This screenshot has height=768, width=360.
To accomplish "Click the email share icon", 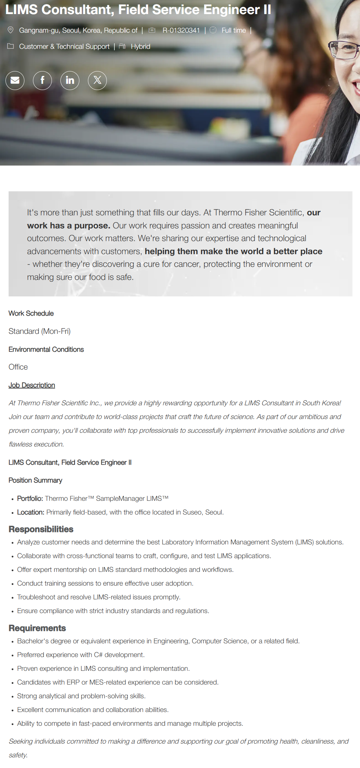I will click(15, 80).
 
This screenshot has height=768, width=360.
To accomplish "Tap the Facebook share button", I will click(42, 80).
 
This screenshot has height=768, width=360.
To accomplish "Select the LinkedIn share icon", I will click(70, 80).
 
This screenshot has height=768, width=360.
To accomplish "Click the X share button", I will click(97, 80).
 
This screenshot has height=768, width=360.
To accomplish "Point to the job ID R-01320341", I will click(181, 30).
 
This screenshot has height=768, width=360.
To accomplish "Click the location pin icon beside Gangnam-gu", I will click(11, 30).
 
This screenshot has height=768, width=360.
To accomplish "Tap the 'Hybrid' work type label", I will click(140, 46).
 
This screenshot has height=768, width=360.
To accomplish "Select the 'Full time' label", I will click(234, 30).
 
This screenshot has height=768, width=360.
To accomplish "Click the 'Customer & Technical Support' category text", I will click(64, 46).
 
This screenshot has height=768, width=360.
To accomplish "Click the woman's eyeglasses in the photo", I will click(344, 50).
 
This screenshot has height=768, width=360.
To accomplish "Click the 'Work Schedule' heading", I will click(31, 313).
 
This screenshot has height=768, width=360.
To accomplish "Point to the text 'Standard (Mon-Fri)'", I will click(40, 331).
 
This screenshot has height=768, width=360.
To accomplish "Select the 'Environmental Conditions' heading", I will click(46, 349).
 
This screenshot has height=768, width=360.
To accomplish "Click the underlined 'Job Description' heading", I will click(32, 385).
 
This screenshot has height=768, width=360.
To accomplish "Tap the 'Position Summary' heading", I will click(35, 480).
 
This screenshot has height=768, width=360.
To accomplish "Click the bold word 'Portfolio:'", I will click(30, 498).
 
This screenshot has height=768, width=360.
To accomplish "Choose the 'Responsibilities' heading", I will click(41, 529).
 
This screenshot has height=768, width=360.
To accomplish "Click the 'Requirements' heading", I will click(37, 628).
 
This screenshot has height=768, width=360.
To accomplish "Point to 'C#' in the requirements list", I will click(98, 655).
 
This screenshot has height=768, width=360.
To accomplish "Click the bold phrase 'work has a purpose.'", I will click(68, 226).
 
